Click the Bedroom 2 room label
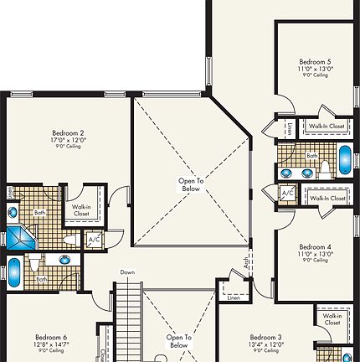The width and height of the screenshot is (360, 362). (68, 132)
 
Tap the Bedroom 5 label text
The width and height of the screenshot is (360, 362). (316, 61)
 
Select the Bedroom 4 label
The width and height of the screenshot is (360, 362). (316, 246)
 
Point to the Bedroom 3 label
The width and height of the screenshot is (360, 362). (265, 336)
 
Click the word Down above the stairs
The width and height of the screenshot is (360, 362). (127, 272)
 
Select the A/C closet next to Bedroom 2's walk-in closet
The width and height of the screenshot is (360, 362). (94, 240)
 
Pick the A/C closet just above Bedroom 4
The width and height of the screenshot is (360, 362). (287, 194)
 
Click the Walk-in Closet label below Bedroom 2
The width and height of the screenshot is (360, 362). (81, 209)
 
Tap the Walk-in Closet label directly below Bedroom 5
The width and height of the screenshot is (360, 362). (327, 127)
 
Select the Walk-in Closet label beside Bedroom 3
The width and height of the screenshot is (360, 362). (332, 318)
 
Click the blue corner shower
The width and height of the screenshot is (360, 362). (18, 236)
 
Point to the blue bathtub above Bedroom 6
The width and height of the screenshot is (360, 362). (14, 272)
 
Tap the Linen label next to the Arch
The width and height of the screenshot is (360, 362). (234, 297)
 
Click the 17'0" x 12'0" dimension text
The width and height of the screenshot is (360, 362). (68, 141)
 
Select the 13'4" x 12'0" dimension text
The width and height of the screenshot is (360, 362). (265, 344)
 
